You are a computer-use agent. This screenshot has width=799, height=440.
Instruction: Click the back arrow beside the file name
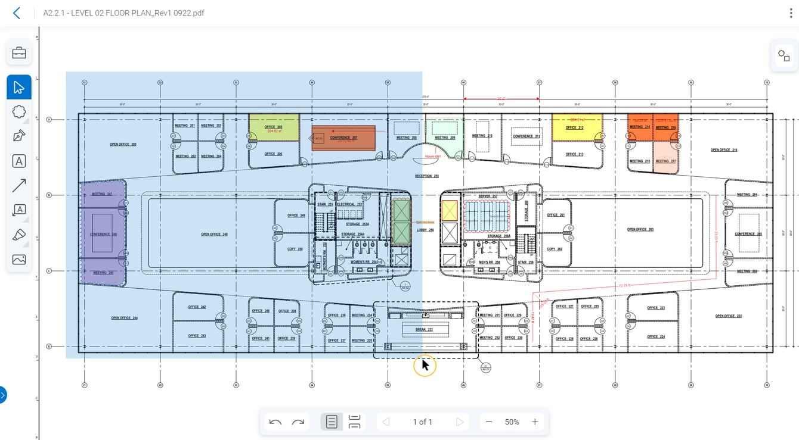(17, 13)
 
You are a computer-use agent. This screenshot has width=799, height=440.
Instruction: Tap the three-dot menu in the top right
(791, 13)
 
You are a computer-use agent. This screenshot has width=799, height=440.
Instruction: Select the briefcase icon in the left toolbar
(19, 53)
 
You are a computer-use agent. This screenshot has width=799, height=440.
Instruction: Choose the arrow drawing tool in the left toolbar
(19, 186)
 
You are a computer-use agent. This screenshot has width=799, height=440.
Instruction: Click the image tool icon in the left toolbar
(19, 260)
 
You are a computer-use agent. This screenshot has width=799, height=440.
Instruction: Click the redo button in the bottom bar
(298, 422)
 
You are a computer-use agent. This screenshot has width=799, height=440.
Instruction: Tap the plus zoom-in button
(535, 422)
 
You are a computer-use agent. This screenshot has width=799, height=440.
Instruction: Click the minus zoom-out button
(489, 422)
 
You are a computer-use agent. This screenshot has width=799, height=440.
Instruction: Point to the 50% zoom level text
(512, 422)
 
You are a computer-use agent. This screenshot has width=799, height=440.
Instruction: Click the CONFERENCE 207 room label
(343, 138)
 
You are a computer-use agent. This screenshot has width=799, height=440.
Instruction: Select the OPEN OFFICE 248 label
(214, 235)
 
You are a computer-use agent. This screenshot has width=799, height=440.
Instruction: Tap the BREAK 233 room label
(424, 329)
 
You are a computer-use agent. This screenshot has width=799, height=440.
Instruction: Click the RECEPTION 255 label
(427, 176)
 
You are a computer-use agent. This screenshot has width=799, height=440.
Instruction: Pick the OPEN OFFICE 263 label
(640, 229)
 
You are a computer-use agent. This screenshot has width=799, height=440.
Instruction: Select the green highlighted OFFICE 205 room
(274, 127)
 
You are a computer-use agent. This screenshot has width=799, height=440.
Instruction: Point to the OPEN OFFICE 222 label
(728, 316)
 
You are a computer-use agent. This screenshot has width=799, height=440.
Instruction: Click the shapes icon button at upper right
(783, 56)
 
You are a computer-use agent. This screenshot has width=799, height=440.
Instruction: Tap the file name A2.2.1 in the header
(123, 13)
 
